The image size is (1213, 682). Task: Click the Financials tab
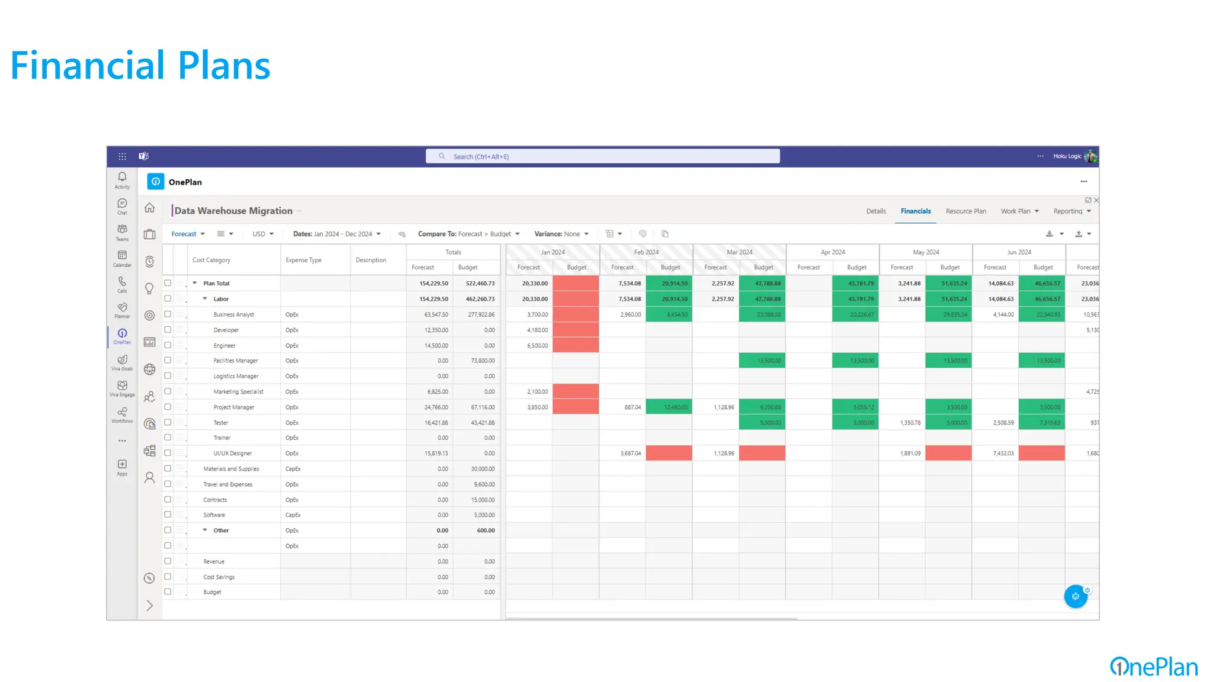tap(915, 211)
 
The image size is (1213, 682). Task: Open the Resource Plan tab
tap(965, 211)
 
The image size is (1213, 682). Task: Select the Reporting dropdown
tap(1071, 211)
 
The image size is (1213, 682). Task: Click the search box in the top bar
tap(602, 156)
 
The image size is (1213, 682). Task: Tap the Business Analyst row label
tap(233, 314)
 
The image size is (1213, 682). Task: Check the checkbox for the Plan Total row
tap(168, 283)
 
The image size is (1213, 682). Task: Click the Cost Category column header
tap(211, 260)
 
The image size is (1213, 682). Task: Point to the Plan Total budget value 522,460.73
tap(480, 284)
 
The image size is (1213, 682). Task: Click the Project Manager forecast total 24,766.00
tap(436, 407)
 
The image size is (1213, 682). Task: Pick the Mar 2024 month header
tap(739, 252)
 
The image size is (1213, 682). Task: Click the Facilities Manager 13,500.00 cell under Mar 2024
tap(768, 361)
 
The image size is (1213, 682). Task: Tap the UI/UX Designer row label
tap(232, 453)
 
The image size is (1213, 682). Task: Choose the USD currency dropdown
tap(263, 234)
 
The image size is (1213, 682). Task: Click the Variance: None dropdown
tap(561, 234)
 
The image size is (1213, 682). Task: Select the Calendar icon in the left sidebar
tap(122, 258)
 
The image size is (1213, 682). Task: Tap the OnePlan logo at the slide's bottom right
tap(1153, 667)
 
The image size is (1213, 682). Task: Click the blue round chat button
tap(1075, 596)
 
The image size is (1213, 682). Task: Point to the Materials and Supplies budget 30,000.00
tap(482, 469)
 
